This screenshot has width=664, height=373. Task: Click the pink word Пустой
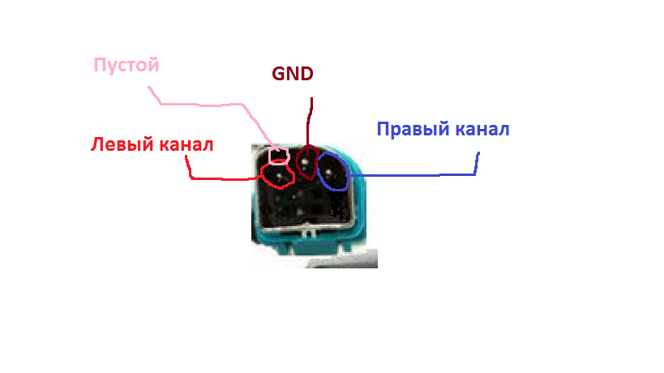pyautogui.click(x=126, y=66)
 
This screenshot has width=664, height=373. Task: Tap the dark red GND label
pyautogui.click(x=293, y=74)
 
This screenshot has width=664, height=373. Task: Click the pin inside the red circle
pyautogui.click(x=279, y=176)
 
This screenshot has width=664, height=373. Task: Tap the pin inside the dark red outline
pyautogui.click(x=305, y=161)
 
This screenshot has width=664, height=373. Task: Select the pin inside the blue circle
pyautogui.click(x=328, y=172)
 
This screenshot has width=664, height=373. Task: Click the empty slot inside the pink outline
pyautogui.click(x=279, y=156)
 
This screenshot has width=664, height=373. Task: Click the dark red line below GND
pyautogui.click(x=309, y=122)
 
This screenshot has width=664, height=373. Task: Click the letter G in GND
pyautogui.click(x=279, y=74)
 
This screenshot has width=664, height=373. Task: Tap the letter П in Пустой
pyautogui.click(x=100, y=65)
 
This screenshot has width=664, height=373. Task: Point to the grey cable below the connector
pyautogui.click(x=341, y=259)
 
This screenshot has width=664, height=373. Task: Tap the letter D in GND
pyautogui.click(x=306, y=74)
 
